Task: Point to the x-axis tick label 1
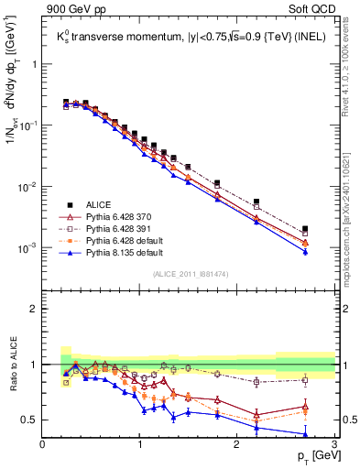pos(140,444)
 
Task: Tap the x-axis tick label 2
pos(237,444)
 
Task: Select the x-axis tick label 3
pos(334,444)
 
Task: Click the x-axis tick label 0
pos(43,444)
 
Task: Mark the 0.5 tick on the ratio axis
pos(29,420)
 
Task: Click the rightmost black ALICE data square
pos(305,229)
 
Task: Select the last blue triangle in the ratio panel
pos(305,435)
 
